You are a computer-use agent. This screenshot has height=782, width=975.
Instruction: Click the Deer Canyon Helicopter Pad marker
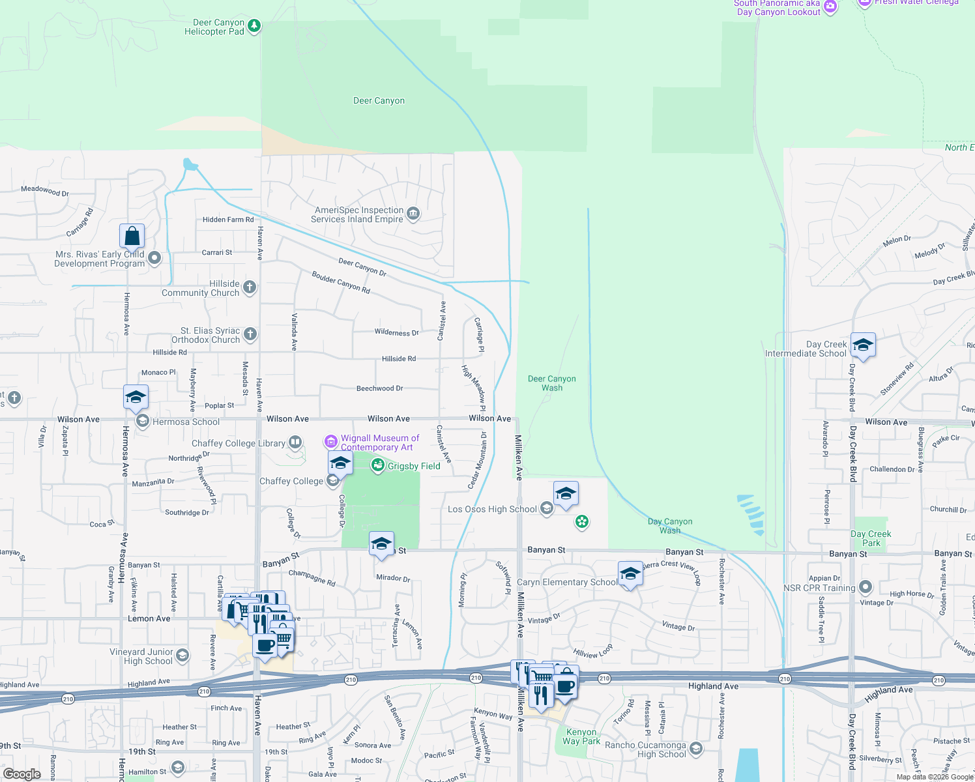(x=254, y=27)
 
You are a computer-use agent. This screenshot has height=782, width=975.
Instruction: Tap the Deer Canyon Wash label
(x=551, y=383)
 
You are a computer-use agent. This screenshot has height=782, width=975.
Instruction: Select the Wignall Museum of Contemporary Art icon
(x=331, y=442)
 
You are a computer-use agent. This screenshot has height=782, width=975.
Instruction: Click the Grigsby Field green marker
(x=378, y=465)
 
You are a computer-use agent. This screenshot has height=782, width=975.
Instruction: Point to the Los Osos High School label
(x=492, y=509)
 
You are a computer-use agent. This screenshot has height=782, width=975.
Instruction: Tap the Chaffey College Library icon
(x=295, y=443)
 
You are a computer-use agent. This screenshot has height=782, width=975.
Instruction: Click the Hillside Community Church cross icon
(x=250, y=287)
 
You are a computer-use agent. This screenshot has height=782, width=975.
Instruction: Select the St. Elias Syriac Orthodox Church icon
(x=250, y=335)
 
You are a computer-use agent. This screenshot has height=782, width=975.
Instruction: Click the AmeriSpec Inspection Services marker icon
(x=413, y=214)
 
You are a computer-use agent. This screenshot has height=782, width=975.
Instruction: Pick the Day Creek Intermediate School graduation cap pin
(x=863, y=345)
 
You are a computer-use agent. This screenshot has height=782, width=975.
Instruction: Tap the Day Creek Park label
(x=871, y=538)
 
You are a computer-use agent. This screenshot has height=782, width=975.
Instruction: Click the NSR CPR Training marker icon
(x=866, y=587)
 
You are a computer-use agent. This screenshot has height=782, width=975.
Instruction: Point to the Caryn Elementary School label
(x=566, y=582)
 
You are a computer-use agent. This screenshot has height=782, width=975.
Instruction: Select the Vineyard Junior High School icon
(x=183, y=656)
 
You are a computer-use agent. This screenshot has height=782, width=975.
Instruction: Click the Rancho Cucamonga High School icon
(x=696, y=749)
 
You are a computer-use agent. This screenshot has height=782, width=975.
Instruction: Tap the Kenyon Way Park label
(x=581, y=736)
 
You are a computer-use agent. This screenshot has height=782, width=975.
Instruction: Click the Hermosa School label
(x=186, y=422)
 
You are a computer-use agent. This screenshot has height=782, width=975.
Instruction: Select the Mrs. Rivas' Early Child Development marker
(x=154, y=258)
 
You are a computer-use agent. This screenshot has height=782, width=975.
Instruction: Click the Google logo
(x=22, y=774)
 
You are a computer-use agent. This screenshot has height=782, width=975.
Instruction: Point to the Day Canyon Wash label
(x=670, y=526)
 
